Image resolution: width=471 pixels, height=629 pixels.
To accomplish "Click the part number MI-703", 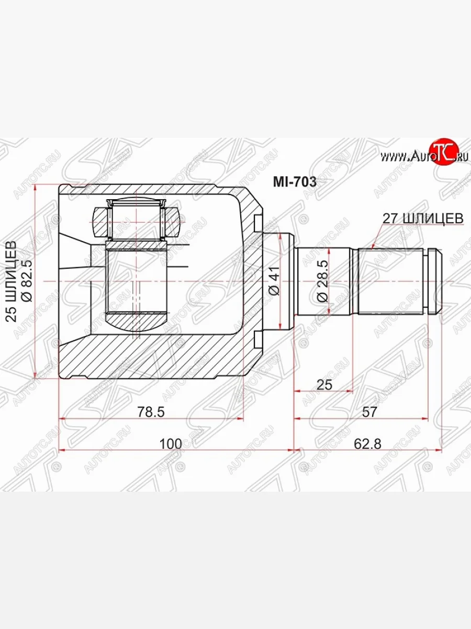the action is click(295, 182).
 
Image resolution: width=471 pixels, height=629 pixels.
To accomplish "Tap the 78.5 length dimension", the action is click(151, 412).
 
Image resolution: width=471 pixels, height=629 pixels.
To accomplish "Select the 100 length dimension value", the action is click(171, 444).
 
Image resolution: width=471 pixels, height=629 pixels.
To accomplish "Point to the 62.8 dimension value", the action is click(367, 444).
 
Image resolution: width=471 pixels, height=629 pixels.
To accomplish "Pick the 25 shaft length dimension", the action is click(324, 385).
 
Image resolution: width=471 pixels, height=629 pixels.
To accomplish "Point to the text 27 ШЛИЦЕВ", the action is click(423, 219).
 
